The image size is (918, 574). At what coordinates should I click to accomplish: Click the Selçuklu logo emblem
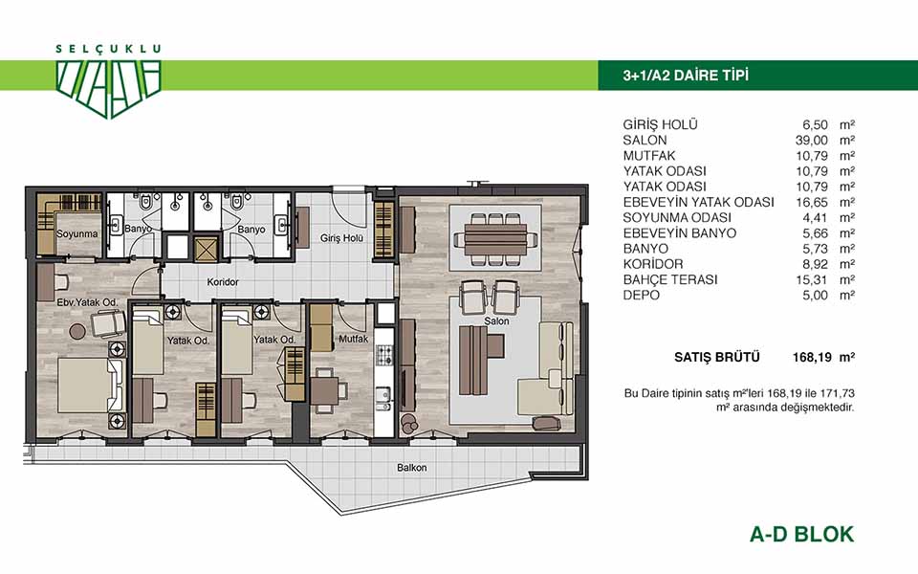coord(108,88)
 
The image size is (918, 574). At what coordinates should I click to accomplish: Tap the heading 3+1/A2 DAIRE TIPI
coord(686,76)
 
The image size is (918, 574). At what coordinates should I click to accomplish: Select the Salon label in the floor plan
coord(496,321)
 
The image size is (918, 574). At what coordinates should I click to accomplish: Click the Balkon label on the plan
coord(411,468)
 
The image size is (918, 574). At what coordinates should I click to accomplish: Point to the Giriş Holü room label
coord(341,238)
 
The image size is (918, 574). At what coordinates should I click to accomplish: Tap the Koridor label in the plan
coord(223,281)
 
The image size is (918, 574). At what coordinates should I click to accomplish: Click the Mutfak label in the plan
coord(354,339)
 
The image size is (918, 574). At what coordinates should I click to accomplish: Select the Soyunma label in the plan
coord(77,233)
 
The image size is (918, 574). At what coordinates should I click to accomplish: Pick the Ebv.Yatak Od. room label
coord(87,303)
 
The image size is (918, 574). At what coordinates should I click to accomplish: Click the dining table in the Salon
coord(495,239)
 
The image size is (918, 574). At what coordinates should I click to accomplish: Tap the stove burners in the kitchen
coord(384,354)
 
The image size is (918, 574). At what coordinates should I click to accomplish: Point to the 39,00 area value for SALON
coord(815,140)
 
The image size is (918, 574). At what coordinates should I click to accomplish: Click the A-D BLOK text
coord(801,534)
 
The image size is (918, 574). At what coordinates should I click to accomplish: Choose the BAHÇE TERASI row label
coord(669,279)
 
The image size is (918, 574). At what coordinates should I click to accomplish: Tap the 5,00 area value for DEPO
coord(815,296)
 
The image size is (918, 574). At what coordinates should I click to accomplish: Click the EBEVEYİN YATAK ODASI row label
coord(698,202)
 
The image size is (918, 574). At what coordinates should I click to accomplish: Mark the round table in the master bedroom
coord(77,332)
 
